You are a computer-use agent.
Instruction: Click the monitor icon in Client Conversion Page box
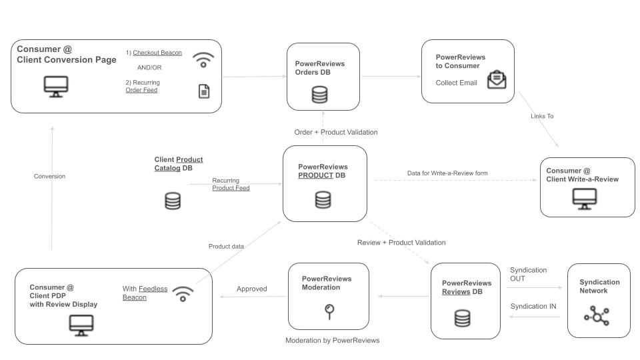click(x=55, y=86)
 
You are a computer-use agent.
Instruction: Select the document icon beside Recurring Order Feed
click(x=204, y=91)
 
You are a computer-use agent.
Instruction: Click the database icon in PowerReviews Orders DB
click(x=320, y=95)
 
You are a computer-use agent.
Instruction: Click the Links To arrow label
click(x=541, y=116)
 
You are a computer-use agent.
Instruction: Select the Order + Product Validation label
click(x=336, y=132)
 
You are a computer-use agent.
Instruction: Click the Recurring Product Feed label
click(x=231, y=185)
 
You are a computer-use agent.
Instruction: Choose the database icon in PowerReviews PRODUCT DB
click(x=323, y=199)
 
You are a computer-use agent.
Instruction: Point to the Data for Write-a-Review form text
click(x=447, y=173)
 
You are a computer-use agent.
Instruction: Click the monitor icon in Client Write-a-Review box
click(x=585, y=199)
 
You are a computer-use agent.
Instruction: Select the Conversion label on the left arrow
click(x=49, y=177)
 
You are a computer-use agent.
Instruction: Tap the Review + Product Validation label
click(x=401, y=243)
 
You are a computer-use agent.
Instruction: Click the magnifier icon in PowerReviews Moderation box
click(x=328, y=310)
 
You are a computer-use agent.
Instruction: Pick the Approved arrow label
click(x=252, y=289)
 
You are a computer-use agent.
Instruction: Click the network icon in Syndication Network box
click(x=596, y=315)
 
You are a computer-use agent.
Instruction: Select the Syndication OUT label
click(x=528, y=275)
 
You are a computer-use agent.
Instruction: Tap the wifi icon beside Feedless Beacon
click(x=183, y=293)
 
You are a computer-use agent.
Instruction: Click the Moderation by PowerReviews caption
click(x=332, y=341)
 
